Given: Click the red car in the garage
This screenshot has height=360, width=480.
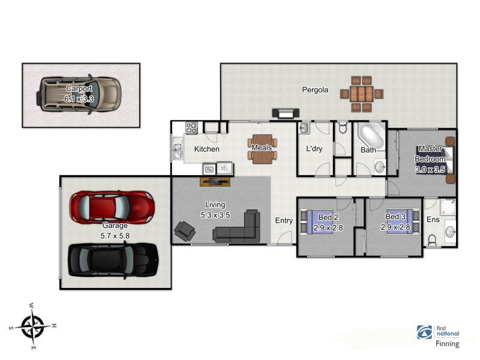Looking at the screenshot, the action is pos(112,206).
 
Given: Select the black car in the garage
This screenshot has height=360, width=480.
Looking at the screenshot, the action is pos(113,260).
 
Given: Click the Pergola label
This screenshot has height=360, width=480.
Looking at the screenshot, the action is pos(315,90).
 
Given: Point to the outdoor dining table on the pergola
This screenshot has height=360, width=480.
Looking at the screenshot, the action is pos(362,94).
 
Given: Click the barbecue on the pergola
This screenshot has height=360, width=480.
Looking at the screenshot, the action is pos(286,113).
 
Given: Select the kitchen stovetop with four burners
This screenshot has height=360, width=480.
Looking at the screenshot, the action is pos(191,128).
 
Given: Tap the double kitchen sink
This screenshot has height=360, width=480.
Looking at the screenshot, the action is pos(177,148).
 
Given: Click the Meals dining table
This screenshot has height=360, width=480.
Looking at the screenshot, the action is pos(262,149).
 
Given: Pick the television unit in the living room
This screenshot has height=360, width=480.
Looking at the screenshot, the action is pos(215,182).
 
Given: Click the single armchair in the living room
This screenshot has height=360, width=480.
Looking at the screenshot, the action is pos(185,231).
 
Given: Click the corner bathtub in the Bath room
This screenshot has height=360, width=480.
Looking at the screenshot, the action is pos(371,136).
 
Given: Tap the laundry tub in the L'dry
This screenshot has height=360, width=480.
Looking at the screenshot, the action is pos(304,128).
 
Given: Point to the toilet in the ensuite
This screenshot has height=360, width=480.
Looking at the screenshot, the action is pos(431,241).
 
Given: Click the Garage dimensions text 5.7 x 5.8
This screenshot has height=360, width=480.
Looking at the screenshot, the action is pos(115,236).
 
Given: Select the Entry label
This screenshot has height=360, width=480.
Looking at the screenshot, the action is pos(284,220).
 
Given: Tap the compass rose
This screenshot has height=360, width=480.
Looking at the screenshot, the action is pos(32,326).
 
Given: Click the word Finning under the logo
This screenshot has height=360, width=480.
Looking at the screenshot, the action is pos(447,344).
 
